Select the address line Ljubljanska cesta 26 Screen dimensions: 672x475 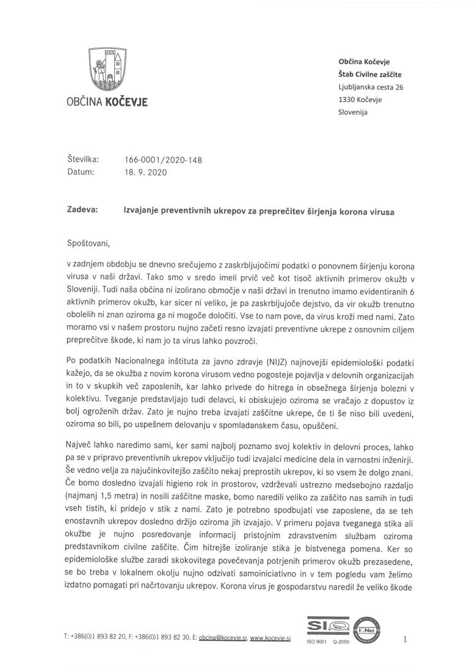(371, 87)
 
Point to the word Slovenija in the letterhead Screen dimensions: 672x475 (353, 112)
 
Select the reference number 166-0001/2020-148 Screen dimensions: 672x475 (163, 161)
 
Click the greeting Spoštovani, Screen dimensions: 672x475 (90, 244)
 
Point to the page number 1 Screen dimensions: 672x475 (405, 639)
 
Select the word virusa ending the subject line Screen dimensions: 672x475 (382, 212)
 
